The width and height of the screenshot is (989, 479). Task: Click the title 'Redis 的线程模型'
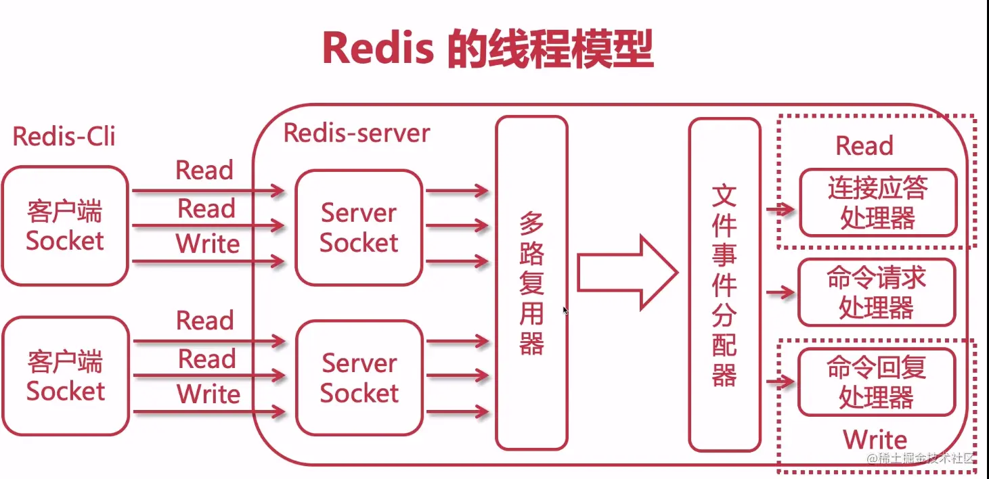487,49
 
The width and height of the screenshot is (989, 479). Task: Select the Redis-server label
356,133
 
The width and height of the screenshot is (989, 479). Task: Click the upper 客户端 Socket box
65,226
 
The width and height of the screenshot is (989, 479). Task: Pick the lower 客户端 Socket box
65,376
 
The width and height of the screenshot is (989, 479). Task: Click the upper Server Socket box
359,227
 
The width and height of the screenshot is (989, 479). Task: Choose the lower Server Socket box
359,378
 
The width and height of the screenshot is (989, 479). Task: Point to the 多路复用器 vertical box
531,282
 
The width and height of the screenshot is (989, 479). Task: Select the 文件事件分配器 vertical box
724,284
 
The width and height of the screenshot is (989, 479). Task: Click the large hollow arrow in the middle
627,273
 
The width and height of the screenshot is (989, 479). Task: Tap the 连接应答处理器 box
877,203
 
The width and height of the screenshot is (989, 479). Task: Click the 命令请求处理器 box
877,292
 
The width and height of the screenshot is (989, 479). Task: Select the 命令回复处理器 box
877,382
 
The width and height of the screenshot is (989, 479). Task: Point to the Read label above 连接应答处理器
864,146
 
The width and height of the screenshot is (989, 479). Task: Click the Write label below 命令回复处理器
875,440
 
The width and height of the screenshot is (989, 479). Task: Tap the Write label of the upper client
208,244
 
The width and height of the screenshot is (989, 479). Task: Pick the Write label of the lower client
208,394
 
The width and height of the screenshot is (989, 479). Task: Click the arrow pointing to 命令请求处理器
781,293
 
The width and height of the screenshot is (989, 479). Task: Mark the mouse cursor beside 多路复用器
565,311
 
